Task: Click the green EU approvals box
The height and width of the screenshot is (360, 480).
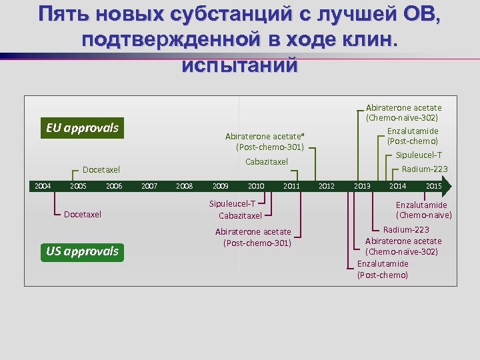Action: [x=82, y=128]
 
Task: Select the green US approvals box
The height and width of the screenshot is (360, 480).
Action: [x=82, y=251]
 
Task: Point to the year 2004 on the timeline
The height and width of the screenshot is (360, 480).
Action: [x=43, y=186]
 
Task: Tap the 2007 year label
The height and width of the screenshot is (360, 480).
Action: [x=149, y=186]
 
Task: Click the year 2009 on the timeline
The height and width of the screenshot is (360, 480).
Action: [x=220, y=186]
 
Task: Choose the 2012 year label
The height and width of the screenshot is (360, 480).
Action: [x=326, y=186]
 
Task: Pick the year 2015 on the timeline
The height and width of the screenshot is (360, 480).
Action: [x=433, y=186]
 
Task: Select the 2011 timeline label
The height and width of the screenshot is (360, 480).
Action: [x=291, y=186]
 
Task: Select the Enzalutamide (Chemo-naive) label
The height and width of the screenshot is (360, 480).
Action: [x=423, y=210]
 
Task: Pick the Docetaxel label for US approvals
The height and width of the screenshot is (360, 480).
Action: [x=83, y=215]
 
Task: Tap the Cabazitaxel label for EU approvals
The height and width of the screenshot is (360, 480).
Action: [x=267, y=162]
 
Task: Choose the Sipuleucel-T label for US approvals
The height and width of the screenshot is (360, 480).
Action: [x=232, y=203]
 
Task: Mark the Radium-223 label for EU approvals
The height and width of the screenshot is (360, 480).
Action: [x=425, y=169]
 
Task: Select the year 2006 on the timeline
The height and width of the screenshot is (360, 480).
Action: [x=114, y=186]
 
